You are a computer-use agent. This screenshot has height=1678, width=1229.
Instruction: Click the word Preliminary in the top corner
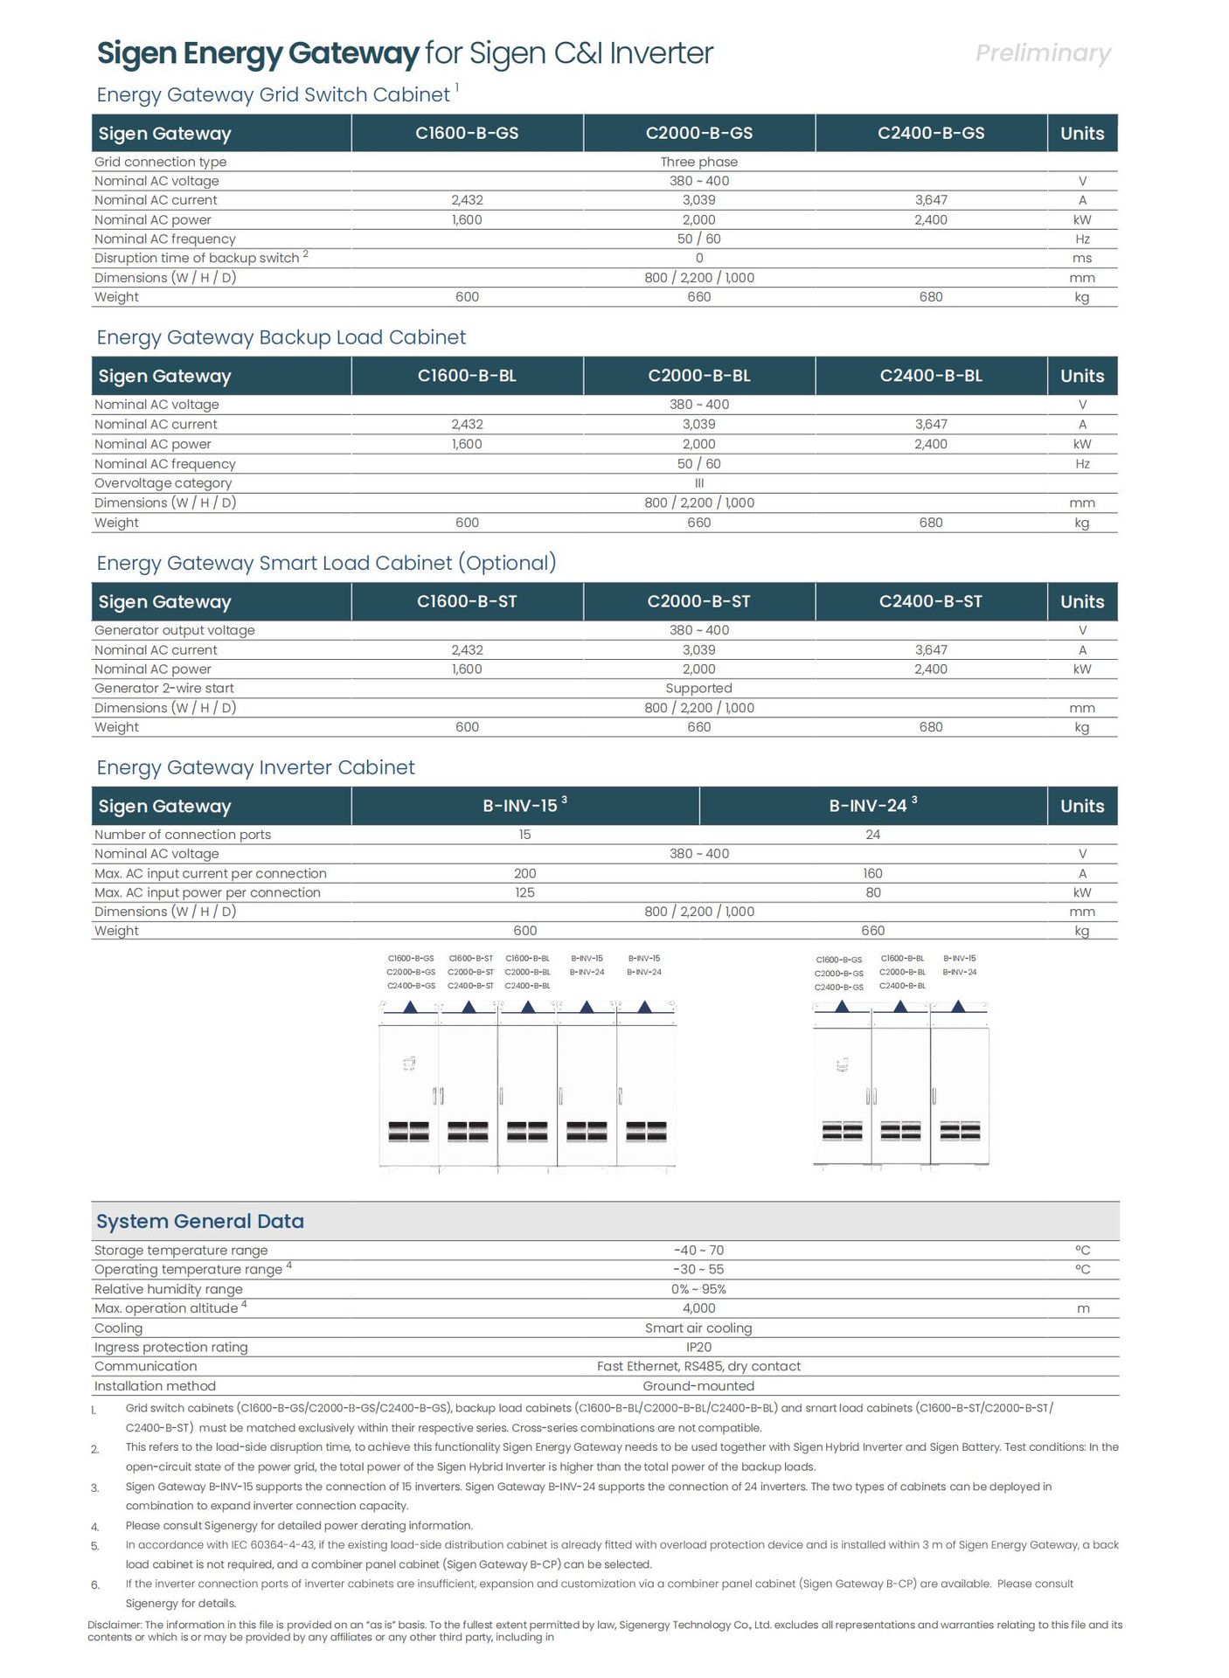point(1043,53)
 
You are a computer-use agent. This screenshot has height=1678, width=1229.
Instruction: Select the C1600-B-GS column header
point(467,133)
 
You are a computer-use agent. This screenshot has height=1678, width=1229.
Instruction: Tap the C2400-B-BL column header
point(931,376)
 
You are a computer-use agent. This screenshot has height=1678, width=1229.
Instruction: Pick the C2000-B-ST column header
point(698,601)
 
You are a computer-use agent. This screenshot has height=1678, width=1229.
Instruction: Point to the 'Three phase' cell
point(698,162)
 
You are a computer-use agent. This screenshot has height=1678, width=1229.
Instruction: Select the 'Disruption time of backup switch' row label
point(197,258)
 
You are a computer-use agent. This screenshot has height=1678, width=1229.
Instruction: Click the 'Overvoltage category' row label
point(163,483)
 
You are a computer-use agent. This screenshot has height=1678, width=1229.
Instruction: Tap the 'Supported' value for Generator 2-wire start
point(698,689)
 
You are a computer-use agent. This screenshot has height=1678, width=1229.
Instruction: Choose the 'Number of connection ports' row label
point(183,835)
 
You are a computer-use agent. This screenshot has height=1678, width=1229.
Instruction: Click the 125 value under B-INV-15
point(524,892)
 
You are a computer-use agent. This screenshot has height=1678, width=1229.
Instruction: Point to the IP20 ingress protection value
point(698,1347)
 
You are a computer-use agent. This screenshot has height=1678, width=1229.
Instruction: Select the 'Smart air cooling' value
point(698,1328)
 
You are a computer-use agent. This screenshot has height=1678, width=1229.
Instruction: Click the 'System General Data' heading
point(200,1221)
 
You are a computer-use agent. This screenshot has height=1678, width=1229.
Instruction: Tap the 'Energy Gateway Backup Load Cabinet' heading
point(281,337)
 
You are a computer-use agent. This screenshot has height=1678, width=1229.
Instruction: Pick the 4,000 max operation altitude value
point(698,1308)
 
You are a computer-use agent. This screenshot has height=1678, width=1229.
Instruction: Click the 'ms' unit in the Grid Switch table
point(1082,258)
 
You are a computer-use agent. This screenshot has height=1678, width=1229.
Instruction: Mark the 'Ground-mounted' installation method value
point(698,1386)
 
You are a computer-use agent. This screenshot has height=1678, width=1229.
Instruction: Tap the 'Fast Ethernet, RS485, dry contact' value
point(698,1366)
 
